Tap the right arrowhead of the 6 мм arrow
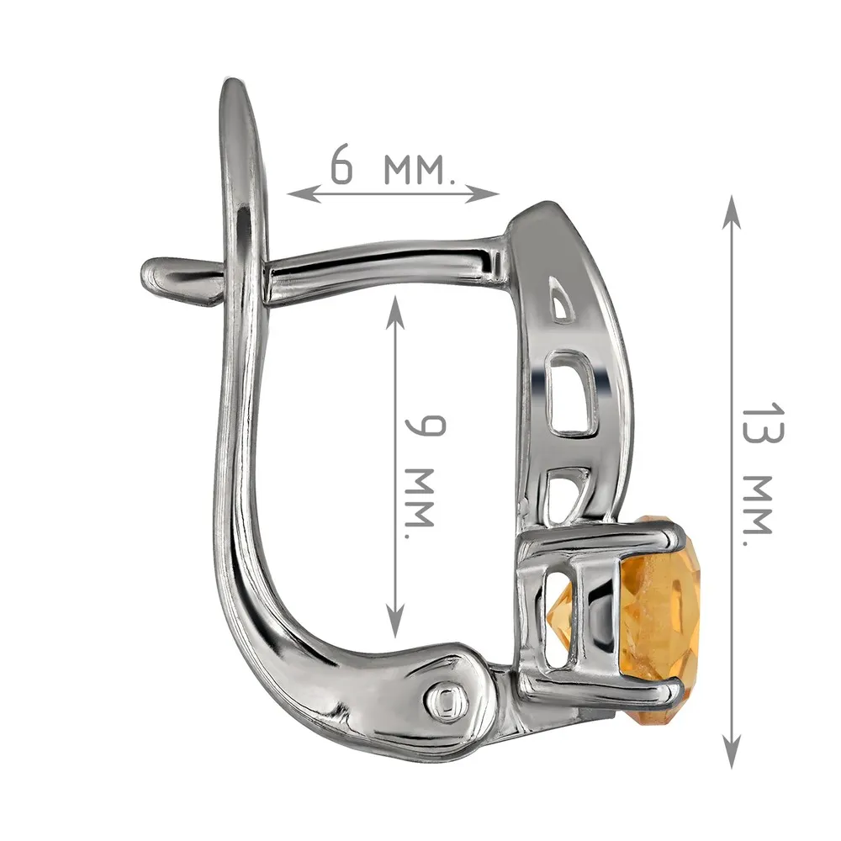(x=483, y=193)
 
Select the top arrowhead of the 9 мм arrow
(x=395, y=311)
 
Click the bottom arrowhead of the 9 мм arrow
(x=395, y=621)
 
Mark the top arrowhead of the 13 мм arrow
(x=732, y=211)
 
